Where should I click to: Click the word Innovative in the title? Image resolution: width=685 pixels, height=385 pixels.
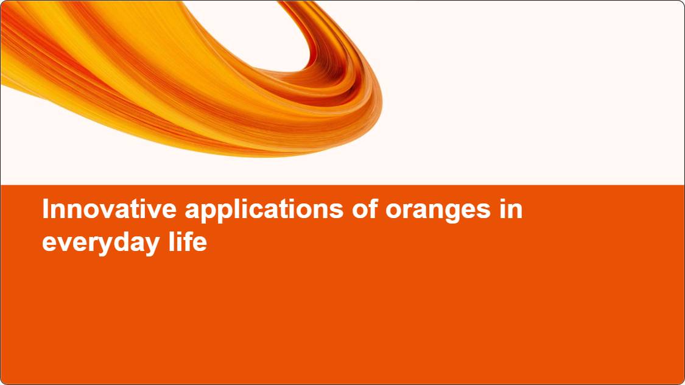click(109, 209)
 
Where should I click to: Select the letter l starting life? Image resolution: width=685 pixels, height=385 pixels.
click(171, 241)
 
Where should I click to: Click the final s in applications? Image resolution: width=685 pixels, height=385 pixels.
click(336, 211)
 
